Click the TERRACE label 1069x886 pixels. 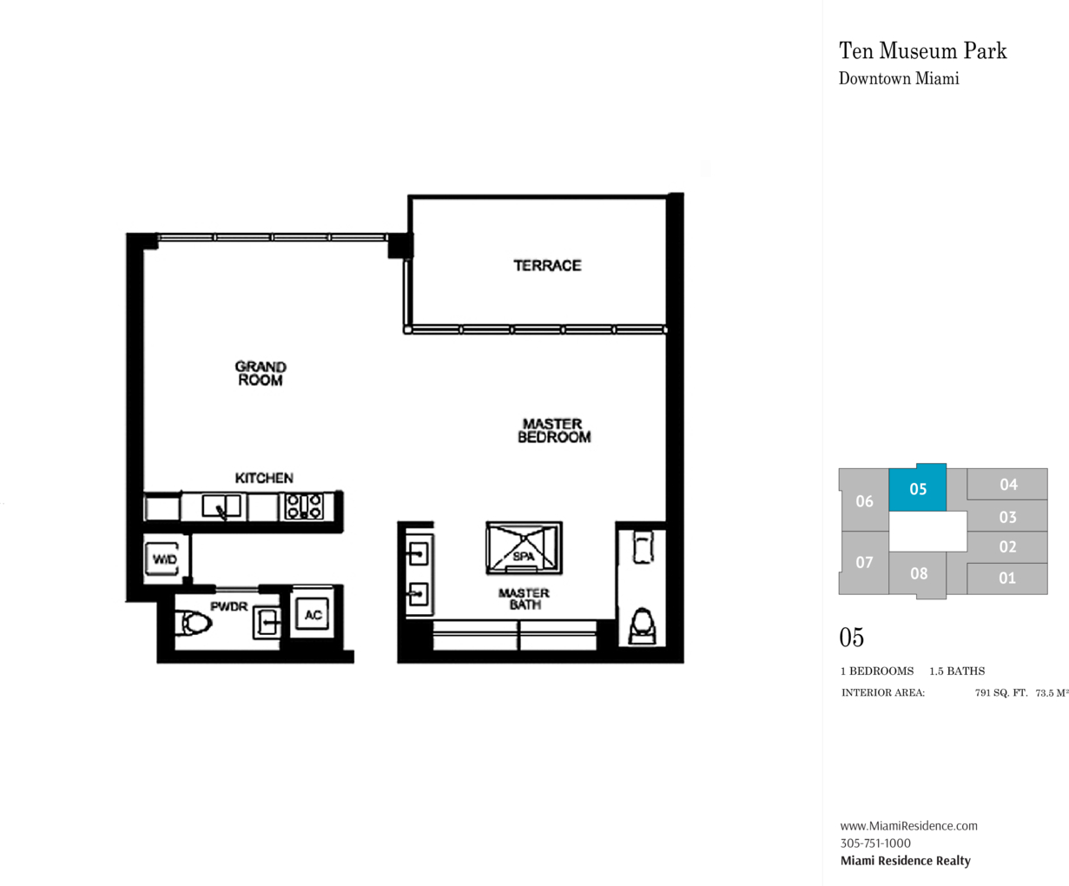click(547, 265)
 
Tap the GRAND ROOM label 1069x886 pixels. click(261, 374)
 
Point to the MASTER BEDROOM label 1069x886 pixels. click(554, 431)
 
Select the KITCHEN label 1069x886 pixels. click(264, 478)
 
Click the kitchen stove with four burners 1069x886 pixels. click(304, 506)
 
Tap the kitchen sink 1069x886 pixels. click(221, 506)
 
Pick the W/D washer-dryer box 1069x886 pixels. click(164, 559)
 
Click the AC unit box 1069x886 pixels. click(313, 615)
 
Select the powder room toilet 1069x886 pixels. click(193, 624)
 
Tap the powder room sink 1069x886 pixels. click(267, 624)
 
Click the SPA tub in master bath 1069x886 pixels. click(524, 548)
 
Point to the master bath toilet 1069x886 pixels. click(642, 626)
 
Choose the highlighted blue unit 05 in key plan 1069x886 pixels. click(917, 487)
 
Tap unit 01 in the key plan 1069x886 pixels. click(1007, 579)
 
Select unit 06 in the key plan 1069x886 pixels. click(864, 500)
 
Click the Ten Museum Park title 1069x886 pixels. click(922, 51)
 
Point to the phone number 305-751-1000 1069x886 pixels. click(875, 843)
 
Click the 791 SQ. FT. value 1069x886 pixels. click(1001, 693)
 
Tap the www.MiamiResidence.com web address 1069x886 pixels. click(908, 825)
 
